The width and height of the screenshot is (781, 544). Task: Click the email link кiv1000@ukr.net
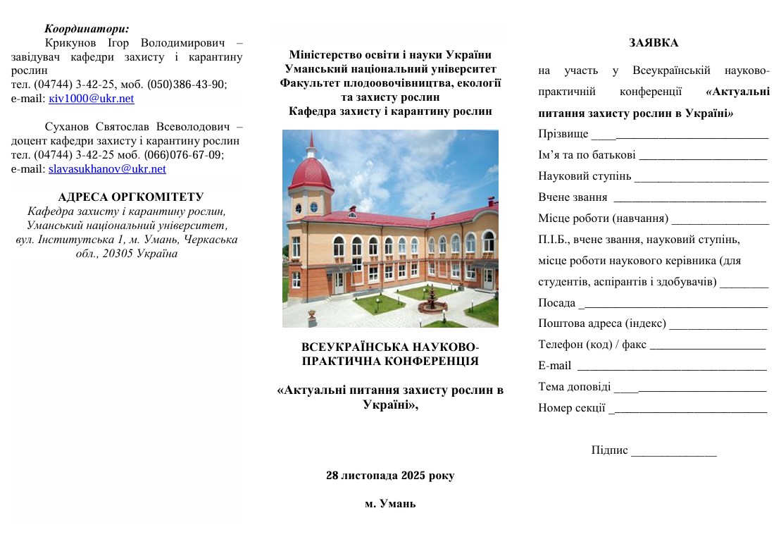coord(91,99)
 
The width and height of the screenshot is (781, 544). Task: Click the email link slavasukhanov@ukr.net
coord(107,169)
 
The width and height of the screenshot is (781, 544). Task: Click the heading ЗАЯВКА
coord(654,43)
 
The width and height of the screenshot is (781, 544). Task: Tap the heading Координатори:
coord(87,29)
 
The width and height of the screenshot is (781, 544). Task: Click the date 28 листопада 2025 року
coord(390,475)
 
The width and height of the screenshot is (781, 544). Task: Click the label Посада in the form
coord(556,303)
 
